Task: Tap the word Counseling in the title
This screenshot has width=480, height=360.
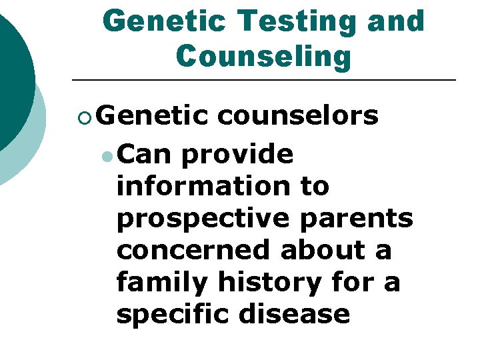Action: pos(263,57)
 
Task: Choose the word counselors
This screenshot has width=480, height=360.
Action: pos(298,116)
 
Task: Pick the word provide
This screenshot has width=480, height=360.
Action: pos(237,155)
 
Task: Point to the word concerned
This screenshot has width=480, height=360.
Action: pos(194,249)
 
